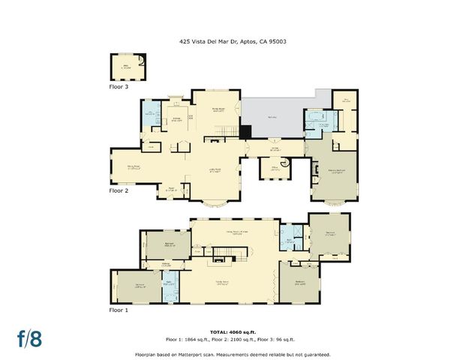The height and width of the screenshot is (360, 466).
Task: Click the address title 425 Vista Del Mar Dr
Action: tap(233, 42)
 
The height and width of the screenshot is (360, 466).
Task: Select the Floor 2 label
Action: tap(119, 190)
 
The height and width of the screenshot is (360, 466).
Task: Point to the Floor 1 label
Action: tap(119, 309)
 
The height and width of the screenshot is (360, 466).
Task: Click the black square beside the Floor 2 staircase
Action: tap(244, 132)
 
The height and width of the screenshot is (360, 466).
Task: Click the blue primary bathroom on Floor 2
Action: tap(318, 122)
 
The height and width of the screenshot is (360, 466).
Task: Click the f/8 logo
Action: tap(29, 337)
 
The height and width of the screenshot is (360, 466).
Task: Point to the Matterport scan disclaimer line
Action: tap(233, 353)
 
